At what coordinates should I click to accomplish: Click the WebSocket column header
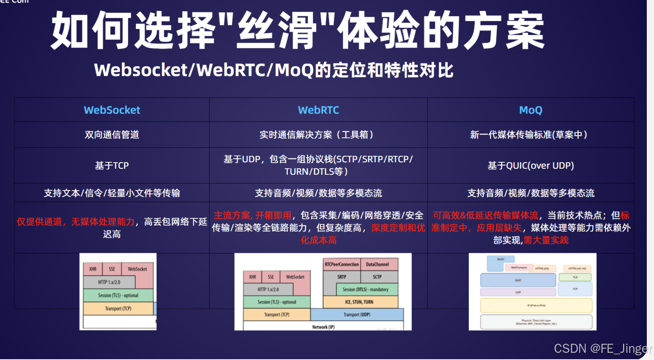112,110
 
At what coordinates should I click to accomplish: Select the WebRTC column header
318,110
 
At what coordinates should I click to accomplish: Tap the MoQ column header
530,110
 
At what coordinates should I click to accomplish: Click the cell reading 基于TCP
112,165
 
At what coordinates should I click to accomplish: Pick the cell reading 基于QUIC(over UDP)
530,165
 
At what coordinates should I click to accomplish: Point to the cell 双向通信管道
112,135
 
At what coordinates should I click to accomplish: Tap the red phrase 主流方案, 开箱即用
252,215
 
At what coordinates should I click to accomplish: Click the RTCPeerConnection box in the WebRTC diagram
342,264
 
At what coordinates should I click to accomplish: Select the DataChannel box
377,264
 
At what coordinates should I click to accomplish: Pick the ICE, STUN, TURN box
359,302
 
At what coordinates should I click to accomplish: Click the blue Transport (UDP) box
357,314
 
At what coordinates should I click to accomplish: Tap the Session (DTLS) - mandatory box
365,289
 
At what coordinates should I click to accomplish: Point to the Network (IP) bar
323,327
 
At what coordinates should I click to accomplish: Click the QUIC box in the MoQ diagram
518,280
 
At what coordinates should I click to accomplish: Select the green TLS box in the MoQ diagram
575,277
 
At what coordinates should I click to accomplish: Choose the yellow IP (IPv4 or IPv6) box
536,305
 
